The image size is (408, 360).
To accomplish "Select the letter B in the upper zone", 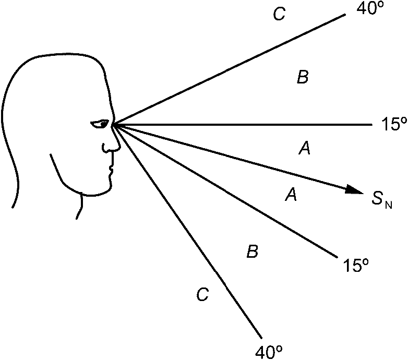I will (x=303, y=78).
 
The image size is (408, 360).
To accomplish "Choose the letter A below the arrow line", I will (x=291, y=196).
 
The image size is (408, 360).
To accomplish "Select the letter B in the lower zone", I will (x=252, y=253).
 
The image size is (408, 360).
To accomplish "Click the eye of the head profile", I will (x=100, y=124).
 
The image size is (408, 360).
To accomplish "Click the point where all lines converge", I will (x=113, y=125).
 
